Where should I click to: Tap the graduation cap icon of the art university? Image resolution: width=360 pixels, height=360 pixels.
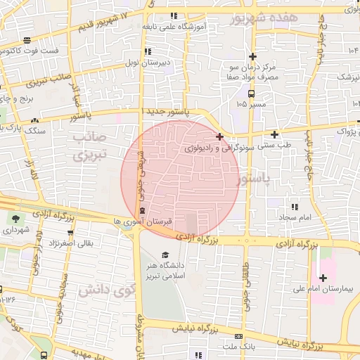coord(166,255)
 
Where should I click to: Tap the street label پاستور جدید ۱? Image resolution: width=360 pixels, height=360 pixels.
coord(166,112)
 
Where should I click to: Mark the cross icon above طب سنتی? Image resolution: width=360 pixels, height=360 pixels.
coord(274,134)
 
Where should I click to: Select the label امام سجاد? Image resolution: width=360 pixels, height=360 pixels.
coord(293,219)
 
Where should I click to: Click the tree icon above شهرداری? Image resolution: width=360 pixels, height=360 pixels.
coord(15,218)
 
